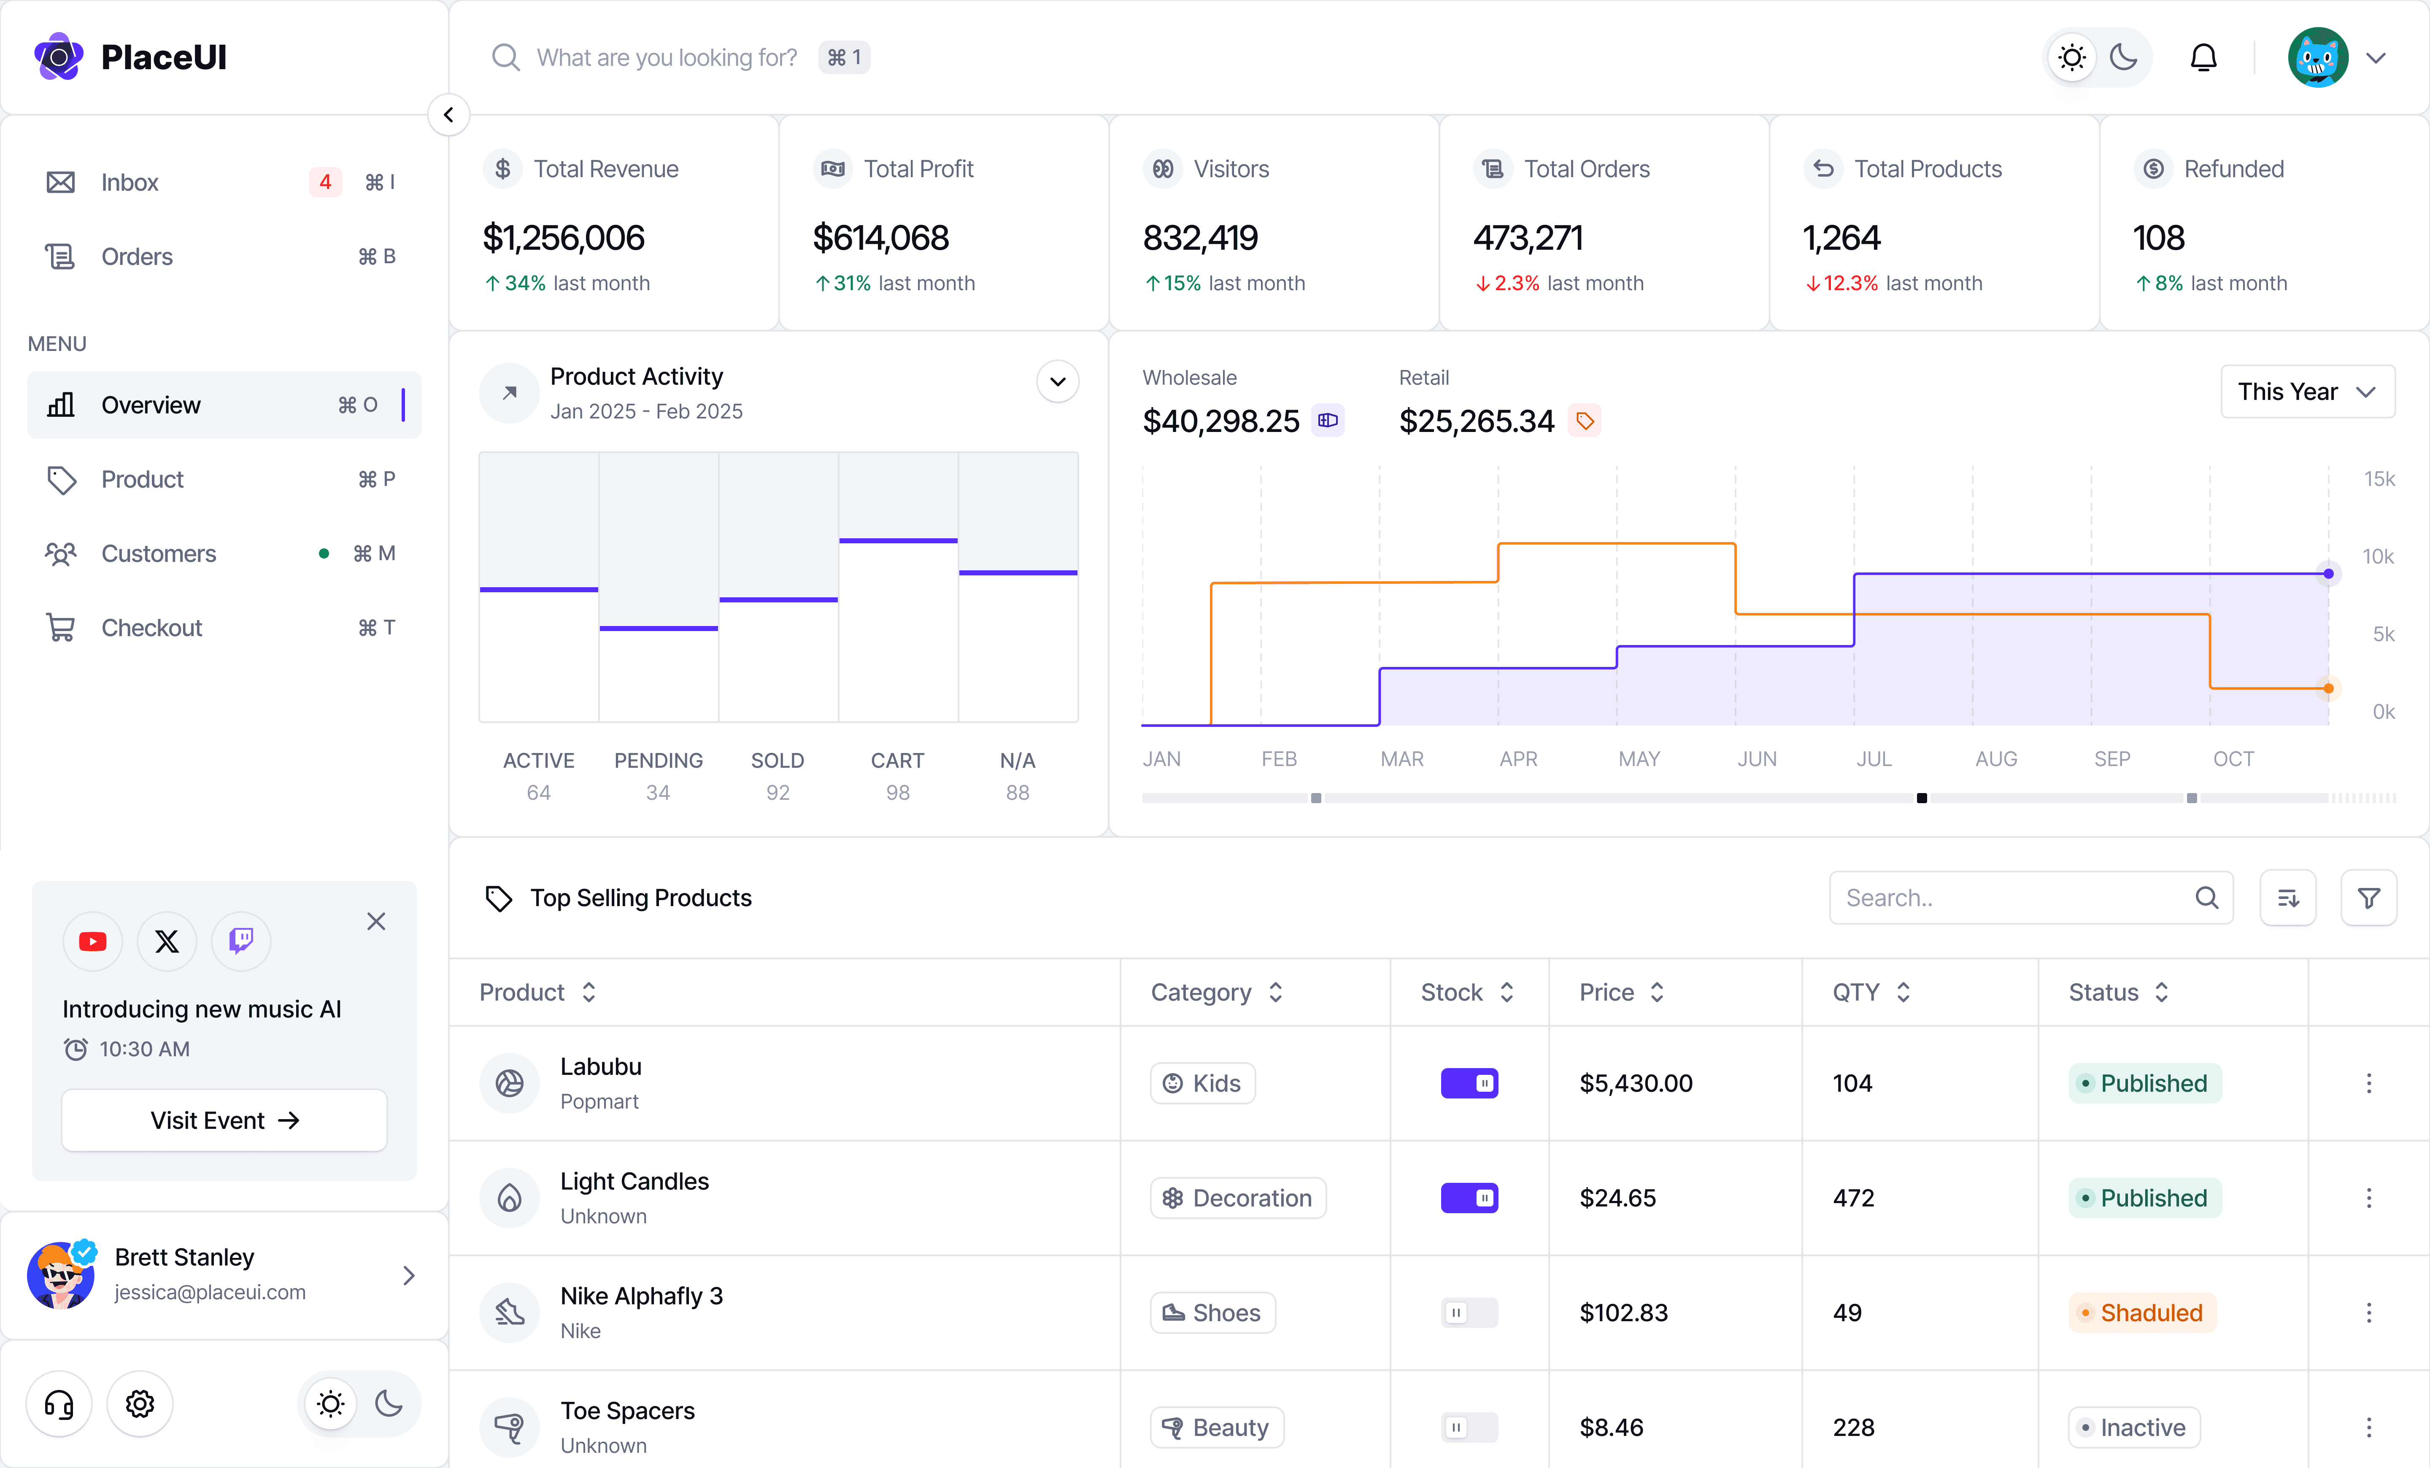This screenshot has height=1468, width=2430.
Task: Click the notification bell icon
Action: pyautogui.click(x=2203, y=58)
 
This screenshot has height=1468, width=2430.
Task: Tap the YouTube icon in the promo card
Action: pyautogui.click(x=93, y=942)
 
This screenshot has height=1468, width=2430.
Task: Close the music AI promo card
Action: pyautogui.click(x=376, y=922)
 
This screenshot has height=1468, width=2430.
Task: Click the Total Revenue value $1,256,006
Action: pyautogui.click(x=563, y=237)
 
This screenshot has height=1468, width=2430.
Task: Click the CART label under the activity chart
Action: pyautogui.click(x=896, y=760)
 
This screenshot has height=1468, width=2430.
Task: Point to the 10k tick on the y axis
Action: pyautogui.click(x=2378, y=557)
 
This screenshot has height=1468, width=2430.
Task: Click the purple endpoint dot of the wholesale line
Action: pyautogui.click(x=2328, y=574)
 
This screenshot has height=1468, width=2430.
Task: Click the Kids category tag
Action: pyautogui.click(x=1202, y=1084)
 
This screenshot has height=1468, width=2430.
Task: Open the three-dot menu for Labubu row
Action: pyautogui.click(x=2368, y=1084)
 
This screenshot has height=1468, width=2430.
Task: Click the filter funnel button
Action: pyautogui.click(x=2368, y=898)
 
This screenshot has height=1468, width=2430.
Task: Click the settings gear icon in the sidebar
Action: pyautogui.click(x=140, y=1404)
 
